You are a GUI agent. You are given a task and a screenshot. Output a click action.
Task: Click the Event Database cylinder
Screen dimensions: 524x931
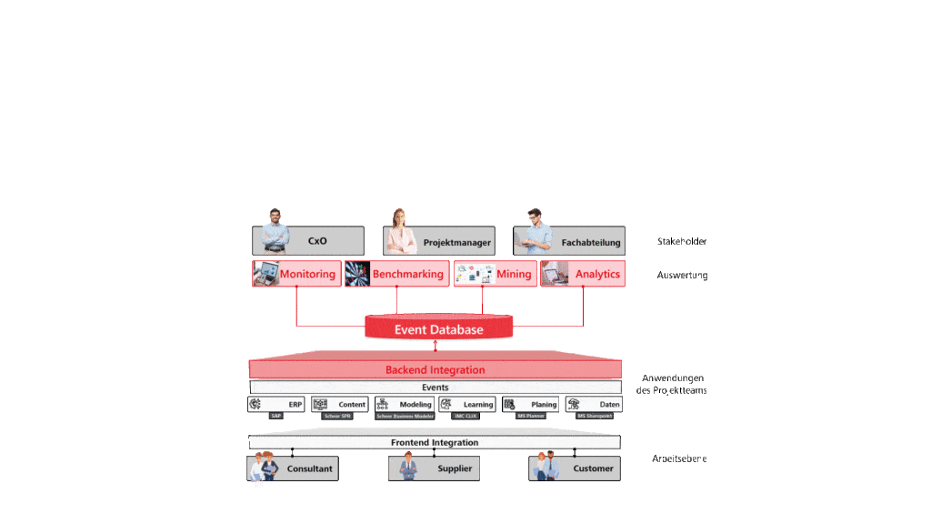(438, 329)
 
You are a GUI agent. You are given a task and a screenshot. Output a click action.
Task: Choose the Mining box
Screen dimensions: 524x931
(494, 274)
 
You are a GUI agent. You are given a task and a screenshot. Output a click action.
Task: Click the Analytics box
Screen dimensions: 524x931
(583, 274)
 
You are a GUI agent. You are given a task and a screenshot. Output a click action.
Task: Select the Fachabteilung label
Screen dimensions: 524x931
(590, 243)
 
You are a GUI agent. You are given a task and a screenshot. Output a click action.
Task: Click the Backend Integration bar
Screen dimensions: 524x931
(435, 369)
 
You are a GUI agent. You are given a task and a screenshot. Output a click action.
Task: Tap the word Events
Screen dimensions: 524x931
(435, 388)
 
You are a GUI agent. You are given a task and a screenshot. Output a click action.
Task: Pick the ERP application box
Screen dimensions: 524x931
(276, 404)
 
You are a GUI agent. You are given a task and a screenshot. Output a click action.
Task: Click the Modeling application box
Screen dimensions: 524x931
(404, 404)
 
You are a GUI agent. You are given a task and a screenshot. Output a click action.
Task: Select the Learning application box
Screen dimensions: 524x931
(467, 404)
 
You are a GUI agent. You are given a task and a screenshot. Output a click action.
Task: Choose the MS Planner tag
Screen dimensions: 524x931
(529, 416)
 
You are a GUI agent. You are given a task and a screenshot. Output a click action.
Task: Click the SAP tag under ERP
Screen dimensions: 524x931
(276, 416)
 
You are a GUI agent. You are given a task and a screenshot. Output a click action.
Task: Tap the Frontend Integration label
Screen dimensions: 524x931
(435, 442)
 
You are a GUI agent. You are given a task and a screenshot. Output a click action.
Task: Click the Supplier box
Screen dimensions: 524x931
(434, 469)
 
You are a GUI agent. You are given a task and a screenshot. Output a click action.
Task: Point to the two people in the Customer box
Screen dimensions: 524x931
(546, 467)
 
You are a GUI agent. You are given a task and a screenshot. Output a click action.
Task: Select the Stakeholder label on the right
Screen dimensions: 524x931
(682, 242)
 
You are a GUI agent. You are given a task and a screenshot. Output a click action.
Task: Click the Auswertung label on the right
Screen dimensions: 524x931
(682, 275)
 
